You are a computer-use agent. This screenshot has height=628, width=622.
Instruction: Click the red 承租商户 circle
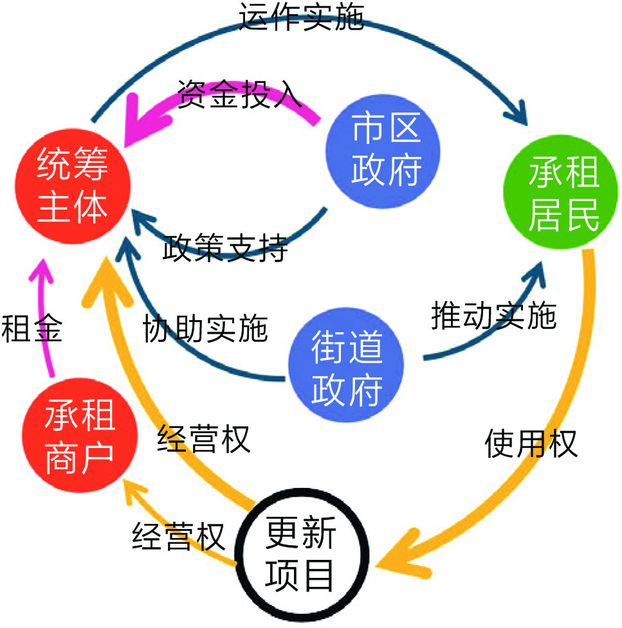click(78, 435)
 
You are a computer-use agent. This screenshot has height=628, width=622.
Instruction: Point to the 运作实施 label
click(301, 18)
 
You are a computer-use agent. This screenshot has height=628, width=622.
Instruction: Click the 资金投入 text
click(239, 95)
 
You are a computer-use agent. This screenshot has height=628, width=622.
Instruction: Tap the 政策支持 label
click(224, 247)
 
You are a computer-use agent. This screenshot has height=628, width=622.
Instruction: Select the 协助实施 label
click(205, 328)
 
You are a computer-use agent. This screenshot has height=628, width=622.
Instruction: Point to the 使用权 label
click(531, 443)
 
